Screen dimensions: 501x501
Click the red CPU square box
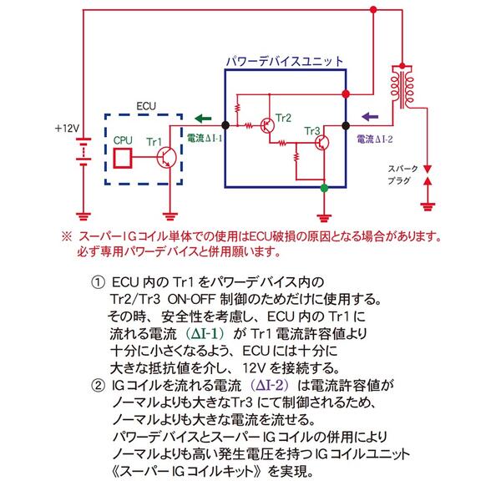click(x=123, y=158)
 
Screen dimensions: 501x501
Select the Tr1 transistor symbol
click(x=166, y=157)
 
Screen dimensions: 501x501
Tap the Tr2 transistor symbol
click(x=267, y=125)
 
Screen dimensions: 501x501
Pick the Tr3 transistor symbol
click(x=321, y=143)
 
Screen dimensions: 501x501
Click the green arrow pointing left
click(x=203, y=119)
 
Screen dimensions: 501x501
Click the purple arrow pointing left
click(x=370, y=117)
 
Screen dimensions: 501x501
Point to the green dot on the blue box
click(x=324, y=188)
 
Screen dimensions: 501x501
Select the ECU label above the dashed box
click(x=146, y=106)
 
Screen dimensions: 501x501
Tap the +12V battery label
click(x=67, y=129)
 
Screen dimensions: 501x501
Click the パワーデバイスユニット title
click(x=285, y=61)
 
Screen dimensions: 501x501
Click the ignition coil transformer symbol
click(x=402, y=86)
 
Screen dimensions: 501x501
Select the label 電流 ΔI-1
click(x=205, y=139)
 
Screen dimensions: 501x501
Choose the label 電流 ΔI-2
click(x=374, y=139)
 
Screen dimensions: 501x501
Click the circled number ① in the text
click(x=98, y=282)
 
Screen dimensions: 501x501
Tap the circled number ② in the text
click(x=98, y=385)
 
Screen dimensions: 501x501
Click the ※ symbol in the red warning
click(x=67, y=237)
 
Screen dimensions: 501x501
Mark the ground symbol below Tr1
click(x=170, y=216)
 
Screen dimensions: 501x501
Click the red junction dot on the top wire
click(x=373, y=9)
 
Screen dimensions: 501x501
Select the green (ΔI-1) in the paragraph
click(x=205, y=334)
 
